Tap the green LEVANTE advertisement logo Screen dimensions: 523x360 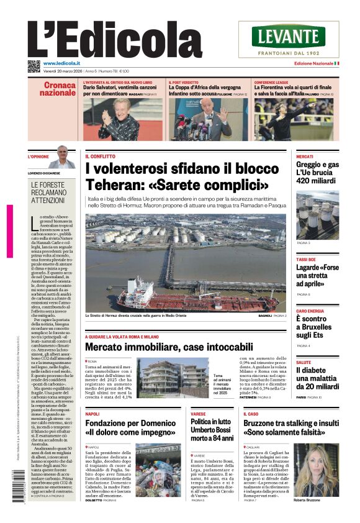coord(289,37)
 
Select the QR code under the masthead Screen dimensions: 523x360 coord(34,66)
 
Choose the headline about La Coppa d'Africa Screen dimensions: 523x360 coord(205,91)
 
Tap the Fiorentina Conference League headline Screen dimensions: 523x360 coord(293,91)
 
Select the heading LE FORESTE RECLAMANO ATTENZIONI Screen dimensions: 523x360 coord(48,193)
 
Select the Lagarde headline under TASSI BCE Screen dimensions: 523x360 coord(317,275)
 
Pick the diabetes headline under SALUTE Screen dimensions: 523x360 coord(317,378)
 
